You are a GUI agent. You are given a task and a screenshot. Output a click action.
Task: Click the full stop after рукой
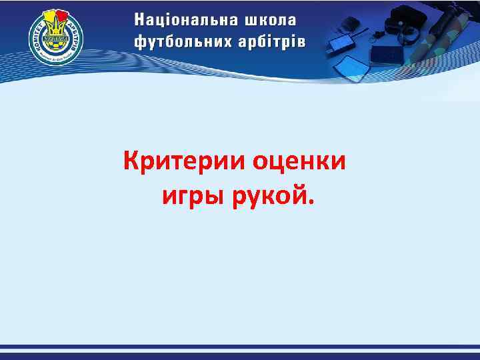[307, 201]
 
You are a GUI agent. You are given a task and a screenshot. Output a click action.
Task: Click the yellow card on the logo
[49, 17]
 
